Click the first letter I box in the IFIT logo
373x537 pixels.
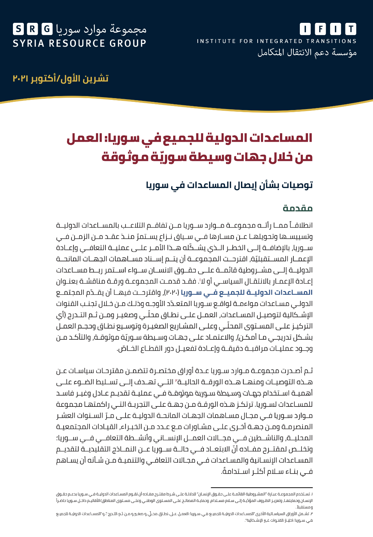tap(305, 29)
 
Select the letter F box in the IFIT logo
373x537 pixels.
tap(320, 29)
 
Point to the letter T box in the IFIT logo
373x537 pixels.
tap(351, 29)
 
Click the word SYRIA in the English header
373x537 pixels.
tap(29, 44)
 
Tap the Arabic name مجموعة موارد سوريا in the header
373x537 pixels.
tap(101, 29)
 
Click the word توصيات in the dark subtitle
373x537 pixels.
tap(298, 185)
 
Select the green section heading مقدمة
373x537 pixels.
tap(298, 208)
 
